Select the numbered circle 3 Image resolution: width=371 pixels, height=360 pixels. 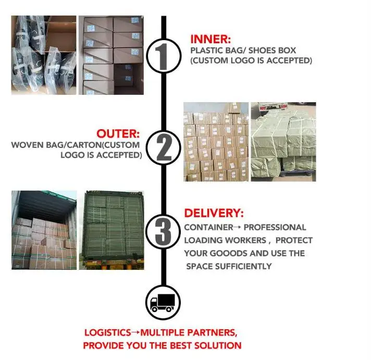tap(164, 232)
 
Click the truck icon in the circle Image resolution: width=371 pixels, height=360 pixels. tap(164, 302)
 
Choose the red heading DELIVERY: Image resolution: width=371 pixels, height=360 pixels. tap(214, 214)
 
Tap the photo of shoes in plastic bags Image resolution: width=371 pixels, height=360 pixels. tap(43, 55)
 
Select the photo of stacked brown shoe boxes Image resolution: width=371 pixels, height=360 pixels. tap(110, 55)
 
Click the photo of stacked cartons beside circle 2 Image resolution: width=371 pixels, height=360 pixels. tap(215, 142)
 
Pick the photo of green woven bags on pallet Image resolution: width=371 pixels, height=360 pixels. tap(283, 142)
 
